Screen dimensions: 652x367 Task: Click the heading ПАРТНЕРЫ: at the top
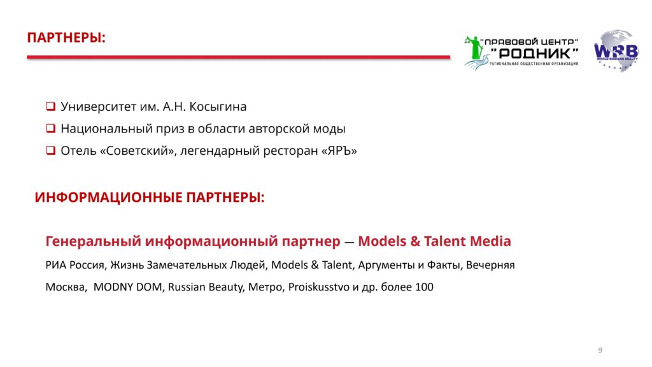coord(66,38)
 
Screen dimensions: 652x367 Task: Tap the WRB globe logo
coord(616,50)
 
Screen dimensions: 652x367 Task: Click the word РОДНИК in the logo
coord(534,54)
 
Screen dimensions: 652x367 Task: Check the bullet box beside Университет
coord(51,106)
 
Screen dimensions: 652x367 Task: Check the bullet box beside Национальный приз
coord(51,128)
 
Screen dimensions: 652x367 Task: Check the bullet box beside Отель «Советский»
coord(51,150)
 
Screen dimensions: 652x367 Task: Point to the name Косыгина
coord(218,107)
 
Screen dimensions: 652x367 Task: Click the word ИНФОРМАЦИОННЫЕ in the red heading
coord(108,198)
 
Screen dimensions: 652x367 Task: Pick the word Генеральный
coord(94,241)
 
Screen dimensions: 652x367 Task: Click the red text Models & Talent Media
coord(434,241)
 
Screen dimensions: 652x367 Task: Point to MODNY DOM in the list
coord(127,287)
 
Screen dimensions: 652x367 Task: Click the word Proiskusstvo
coord(319,287)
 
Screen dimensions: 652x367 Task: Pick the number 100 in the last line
coord(424,287)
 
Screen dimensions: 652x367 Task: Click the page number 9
coord(600,350)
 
